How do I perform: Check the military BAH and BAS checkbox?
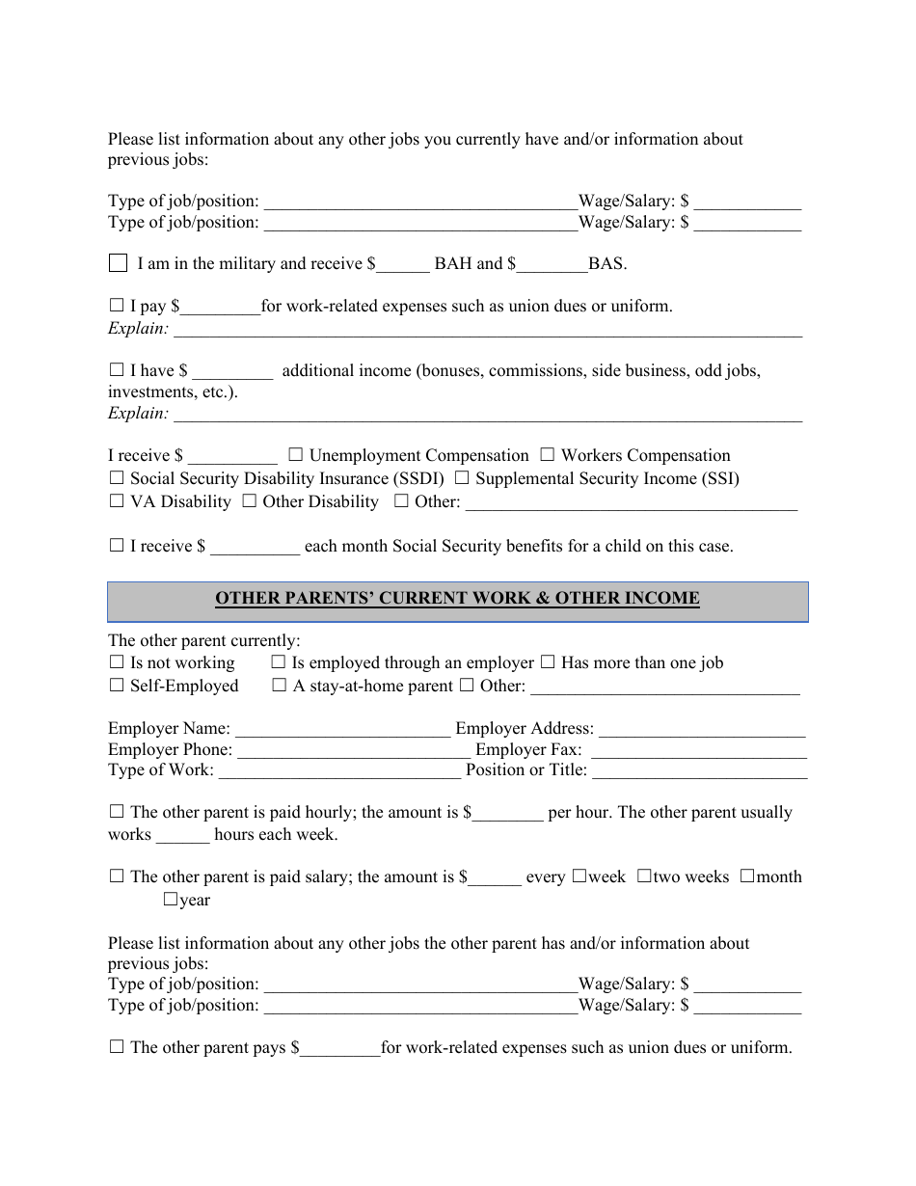(118, 263)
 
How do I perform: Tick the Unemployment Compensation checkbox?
(296, 455)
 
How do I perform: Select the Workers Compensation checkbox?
(548, 455)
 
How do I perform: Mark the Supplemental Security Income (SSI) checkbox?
(462, 478)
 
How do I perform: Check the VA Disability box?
(117, 501)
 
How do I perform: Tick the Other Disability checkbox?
(249, 501)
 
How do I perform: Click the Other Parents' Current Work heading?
(457, 599)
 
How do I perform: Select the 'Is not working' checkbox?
(117, 662)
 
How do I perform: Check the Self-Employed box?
(117, 686)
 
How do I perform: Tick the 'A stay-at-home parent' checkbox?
(280, 686)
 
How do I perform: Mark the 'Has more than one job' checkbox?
(548, 662)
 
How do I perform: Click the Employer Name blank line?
(342, 731)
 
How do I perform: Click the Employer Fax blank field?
(696, 752)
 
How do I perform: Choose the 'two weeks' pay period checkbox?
(644, 877)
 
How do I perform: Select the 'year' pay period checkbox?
(171, 901)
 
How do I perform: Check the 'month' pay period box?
(747, 877)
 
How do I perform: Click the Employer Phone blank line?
(353, 752)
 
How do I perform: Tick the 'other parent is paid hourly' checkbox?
(117, 813)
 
